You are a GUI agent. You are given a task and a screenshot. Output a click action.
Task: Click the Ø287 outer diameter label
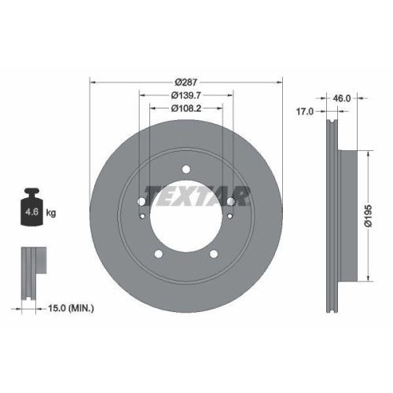point(185,82)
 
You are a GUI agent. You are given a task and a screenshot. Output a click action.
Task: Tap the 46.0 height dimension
point(341,100)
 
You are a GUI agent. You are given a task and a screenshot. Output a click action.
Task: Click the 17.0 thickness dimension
point(304,112)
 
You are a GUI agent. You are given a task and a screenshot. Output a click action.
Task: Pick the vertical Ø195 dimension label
point(367,212)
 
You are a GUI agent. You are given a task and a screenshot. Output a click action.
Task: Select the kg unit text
point(50,213)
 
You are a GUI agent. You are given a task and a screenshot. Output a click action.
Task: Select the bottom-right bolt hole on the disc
point(213,253)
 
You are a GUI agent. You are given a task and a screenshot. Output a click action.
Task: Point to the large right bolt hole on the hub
point(230,200)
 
